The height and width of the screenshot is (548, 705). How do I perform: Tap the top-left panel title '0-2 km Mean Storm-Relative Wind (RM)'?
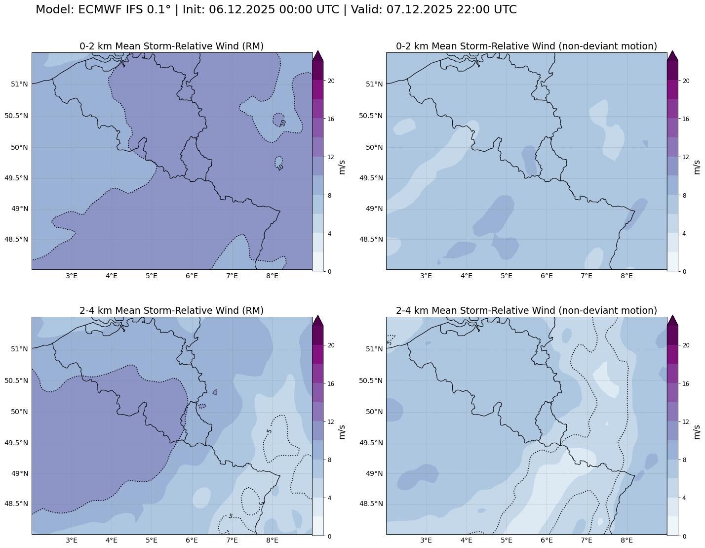[x=171, y=46]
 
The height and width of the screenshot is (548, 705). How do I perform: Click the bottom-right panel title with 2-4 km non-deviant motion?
[x=526, y=310]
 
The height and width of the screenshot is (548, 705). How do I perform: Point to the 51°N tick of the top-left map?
[x=19, y=84]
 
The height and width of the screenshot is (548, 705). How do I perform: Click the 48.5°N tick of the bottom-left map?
[x=16, y=504]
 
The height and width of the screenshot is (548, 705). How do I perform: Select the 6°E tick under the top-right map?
[x=547, y=275]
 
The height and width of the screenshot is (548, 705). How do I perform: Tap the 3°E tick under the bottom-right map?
[x=426, y=540]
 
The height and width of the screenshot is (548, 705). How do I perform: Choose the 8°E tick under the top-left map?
[x=272, y=275]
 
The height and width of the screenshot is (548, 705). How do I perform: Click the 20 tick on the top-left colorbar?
[x=331, y=81]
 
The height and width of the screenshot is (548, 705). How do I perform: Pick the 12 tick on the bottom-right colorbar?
[x=686, y=422]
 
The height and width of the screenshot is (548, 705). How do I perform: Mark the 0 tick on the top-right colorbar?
[x=684, y=271]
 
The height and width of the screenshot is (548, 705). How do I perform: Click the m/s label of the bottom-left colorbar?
[x=342, y=431]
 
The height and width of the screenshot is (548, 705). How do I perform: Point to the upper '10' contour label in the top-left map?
[x=282, y=123]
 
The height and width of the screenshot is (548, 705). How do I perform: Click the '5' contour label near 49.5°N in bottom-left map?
[x=269, y=431]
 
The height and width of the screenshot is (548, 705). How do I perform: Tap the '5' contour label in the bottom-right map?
[x=390, y=341]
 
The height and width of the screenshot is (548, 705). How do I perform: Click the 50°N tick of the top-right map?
[x=374, y=147]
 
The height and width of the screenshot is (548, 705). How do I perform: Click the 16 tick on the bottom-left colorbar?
[x=331, y=383]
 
